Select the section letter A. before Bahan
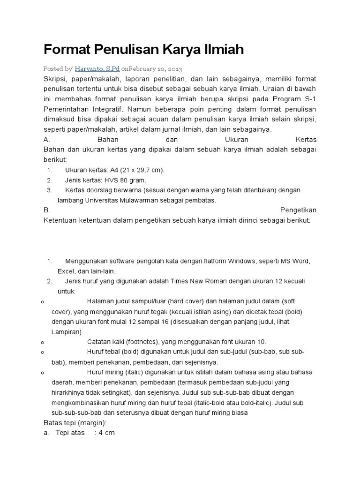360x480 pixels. [46, 140]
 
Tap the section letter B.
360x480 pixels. [46, 210]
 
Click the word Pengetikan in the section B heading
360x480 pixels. [299, 210]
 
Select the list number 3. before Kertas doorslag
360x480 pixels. [50, 190]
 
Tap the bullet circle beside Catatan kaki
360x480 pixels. [42, 342]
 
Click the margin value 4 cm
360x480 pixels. [105, 433]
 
